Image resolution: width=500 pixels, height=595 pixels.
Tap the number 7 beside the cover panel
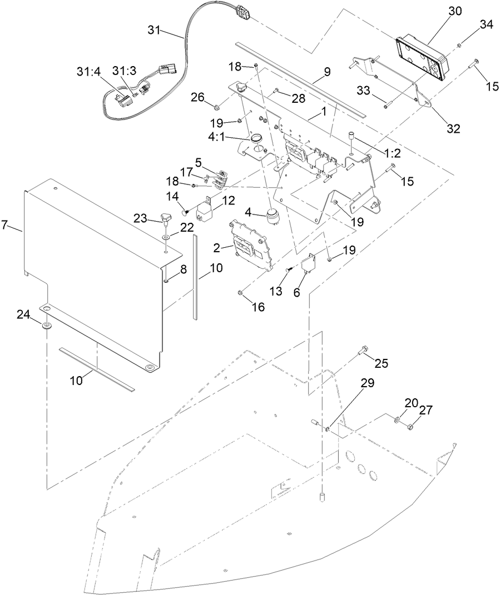coord(5,225)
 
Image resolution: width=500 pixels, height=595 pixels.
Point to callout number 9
coord(327,72)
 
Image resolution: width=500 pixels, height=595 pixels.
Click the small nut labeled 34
coord(459,46)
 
